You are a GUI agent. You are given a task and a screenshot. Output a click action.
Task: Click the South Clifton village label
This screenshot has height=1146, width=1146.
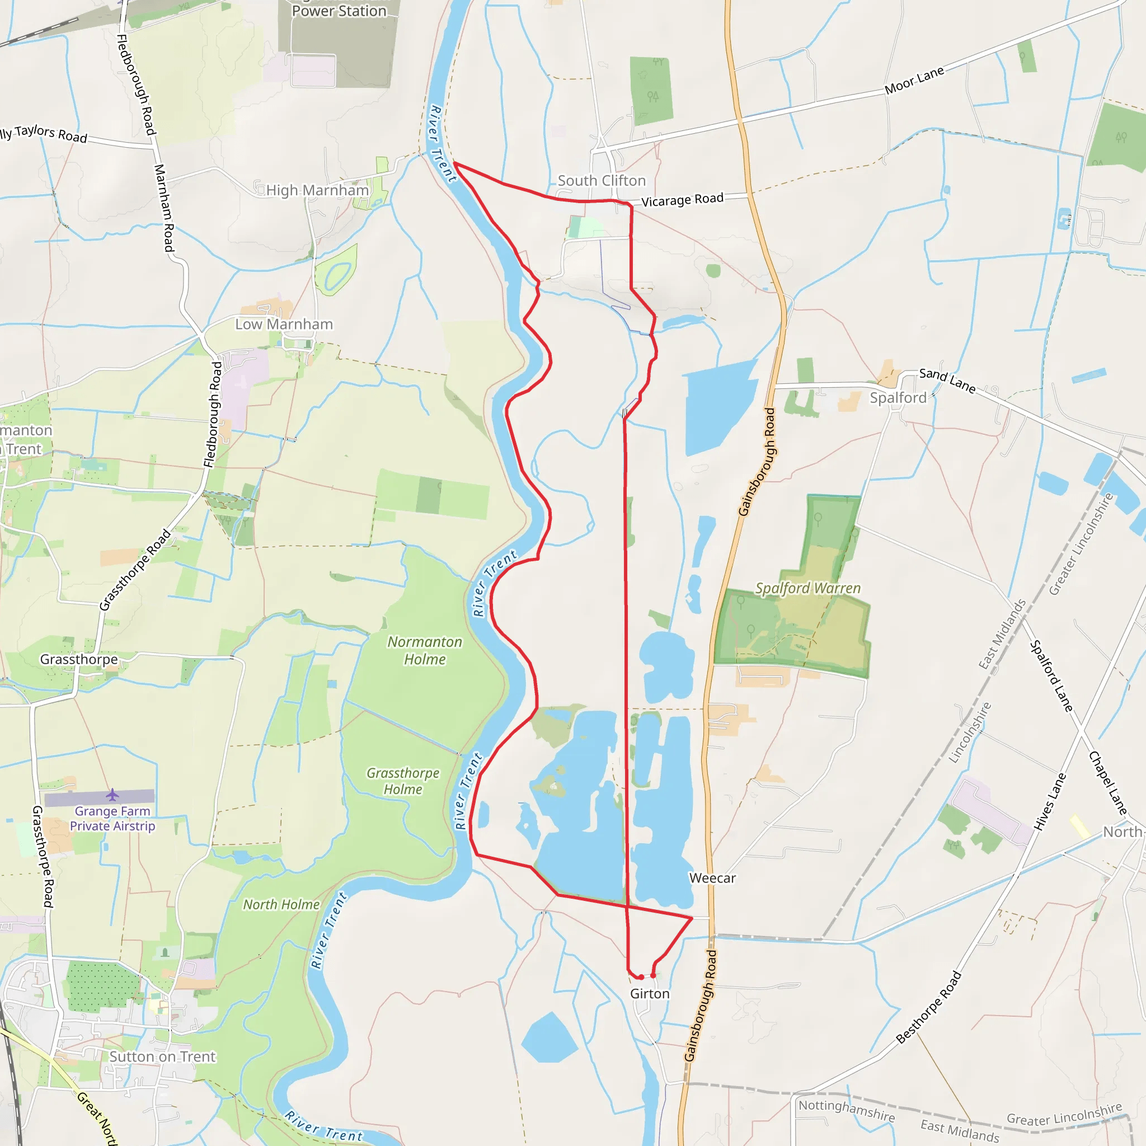point(602,181)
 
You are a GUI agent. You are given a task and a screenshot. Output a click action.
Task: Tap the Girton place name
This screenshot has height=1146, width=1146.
point(650,994)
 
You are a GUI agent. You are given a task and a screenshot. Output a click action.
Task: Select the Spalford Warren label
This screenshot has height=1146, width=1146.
point(807,589)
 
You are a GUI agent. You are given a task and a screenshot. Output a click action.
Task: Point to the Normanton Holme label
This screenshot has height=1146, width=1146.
point(425,651)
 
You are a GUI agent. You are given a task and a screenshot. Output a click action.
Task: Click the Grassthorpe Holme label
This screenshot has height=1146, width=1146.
point(403,781)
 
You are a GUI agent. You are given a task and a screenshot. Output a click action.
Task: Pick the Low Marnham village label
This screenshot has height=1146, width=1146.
point(284,325)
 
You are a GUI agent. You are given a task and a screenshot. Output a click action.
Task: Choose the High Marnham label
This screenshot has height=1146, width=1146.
point(317,190)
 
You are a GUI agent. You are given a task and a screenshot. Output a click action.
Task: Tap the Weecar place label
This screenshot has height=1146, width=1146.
point(712,878)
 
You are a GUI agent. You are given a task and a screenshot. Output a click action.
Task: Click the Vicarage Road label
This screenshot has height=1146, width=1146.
point(682,200)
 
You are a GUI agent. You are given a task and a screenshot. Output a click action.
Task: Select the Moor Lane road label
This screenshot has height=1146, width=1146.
point(914,81)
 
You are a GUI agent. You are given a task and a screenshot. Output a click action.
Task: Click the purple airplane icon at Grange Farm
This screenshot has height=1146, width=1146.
point(112,794)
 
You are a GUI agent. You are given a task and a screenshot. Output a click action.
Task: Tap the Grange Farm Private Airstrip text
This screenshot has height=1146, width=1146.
point(112,819)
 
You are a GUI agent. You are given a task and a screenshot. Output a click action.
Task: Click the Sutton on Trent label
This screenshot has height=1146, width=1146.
point(162,1056)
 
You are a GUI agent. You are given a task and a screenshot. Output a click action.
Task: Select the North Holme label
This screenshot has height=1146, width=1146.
point(281,905)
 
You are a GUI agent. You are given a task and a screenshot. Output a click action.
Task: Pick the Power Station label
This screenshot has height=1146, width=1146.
point(339,11)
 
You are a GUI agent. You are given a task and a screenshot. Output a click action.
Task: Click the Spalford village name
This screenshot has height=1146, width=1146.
point(898,398)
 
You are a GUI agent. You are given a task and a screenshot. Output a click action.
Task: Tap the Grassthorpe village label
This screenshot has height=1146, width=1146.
point(79,660)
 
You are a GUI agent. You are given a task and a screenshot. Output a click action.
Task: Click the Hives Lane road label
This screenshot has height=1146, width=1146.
point(1049,801)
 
